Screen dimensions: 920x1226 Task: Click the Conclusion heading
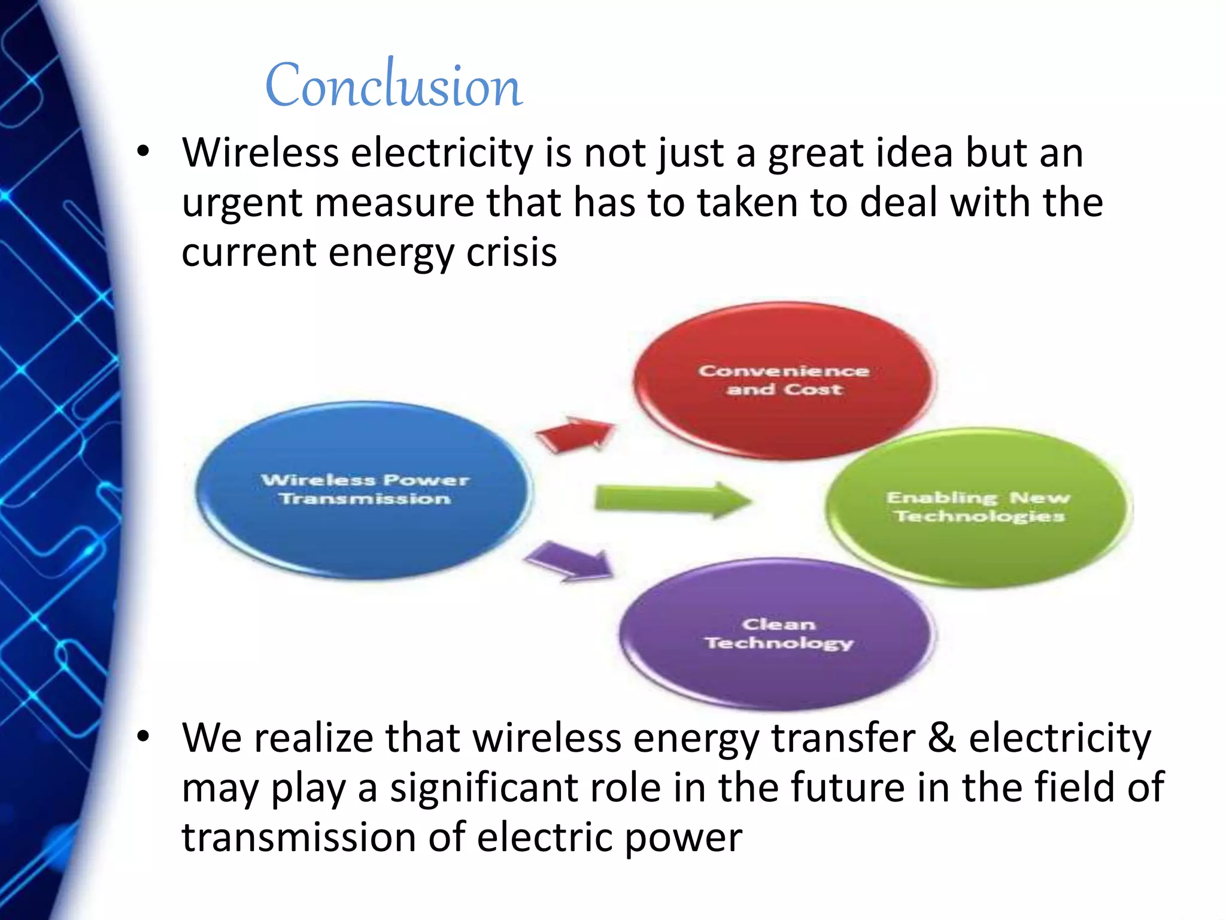(394, 86)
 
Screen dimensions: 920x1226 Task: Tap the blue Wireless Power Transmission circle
(364, 489)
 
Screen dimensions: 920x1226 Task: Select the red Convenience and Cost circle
(784, 381)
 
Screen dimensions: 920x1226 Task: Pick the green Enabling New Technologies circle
(978, 507)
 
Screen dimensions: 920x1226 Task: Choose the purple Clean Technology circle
(778, 634)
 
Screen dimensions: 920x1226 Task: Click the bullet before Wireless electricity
(142, 152)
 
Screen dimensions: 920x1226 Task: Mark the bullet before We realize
(142, 737)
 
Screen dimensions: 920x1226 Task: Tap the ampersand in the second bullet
(942, 738)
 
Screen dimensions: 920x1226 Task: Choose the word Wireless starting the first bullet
(260, 153)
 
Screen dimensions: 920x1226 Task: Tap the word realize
(314, 738)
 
